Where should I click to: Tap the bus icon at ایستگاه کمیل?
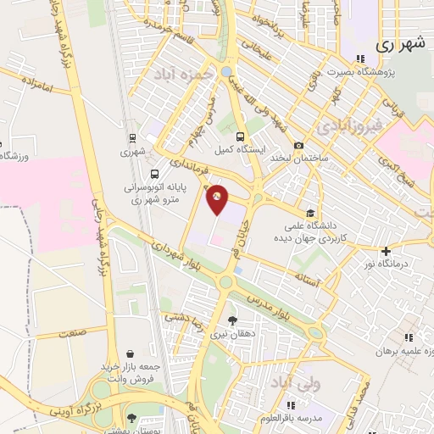click(x=241, y=136)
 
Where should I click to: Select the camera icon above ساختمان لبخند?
click(x=299, y=145)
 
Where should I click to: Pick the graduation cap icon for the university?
click(x=311, y=214)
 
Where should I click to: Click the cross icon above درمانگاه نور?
click(x=386, y=251)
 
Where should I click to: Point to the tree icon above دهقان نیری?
click(x=232, y=320)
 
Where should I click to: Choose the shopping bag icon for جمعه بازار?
click(x=130, y=353)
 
